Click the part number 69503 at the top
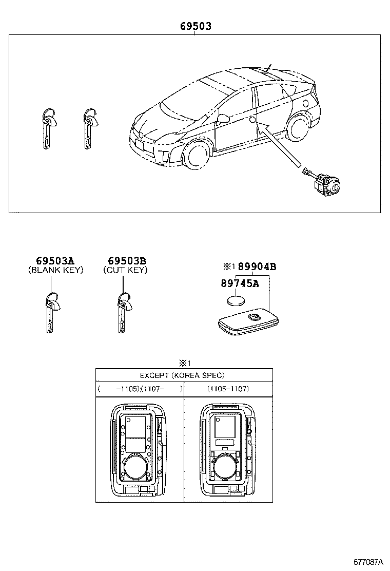coord(195,26)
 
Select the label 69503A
coord(55,261)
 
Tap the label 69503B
coord(127,261)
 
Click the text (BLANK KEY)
coord(55,270)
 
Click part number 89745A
coord(240,283)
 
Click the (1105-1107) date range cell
coord(228,389)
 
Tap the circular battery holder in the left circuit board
coord(135,467)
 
